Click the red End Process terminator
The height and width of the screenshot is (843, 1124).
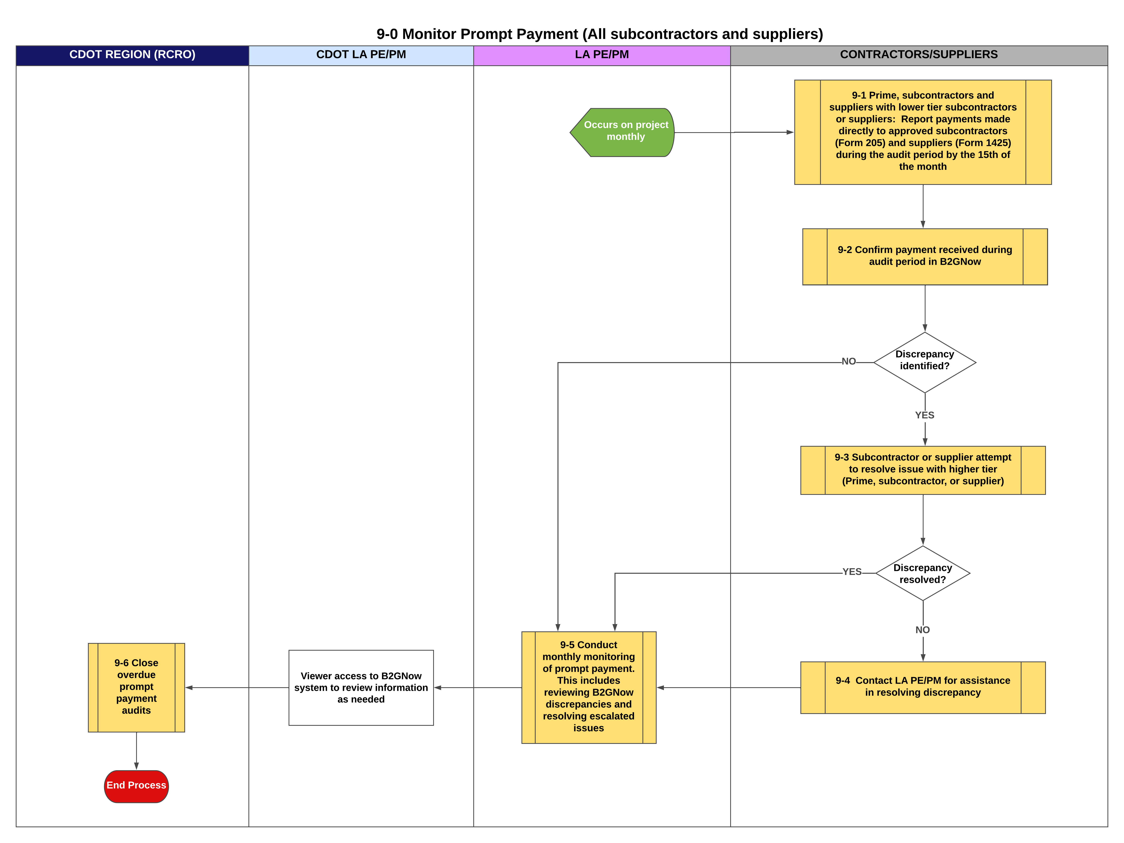[x=136, y=786]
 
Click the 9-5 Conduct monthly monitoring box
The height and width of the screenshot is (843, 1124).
[x=588, y=687]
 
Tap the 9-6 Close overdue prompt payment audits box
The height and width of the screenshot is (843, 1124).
[x=136, y=687]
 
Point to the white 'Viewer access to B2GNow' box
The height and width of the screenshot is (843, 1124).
[x=361, y=687]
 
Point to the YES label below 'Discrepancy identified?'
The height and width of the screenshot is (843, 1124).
[x=924, y=415]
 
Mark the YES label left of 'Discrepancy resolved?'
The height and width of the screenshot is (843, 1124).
[x=852, y=572]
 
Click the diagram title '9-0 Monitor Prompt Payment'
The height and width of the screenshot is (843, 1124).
[x=600, y=34]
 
